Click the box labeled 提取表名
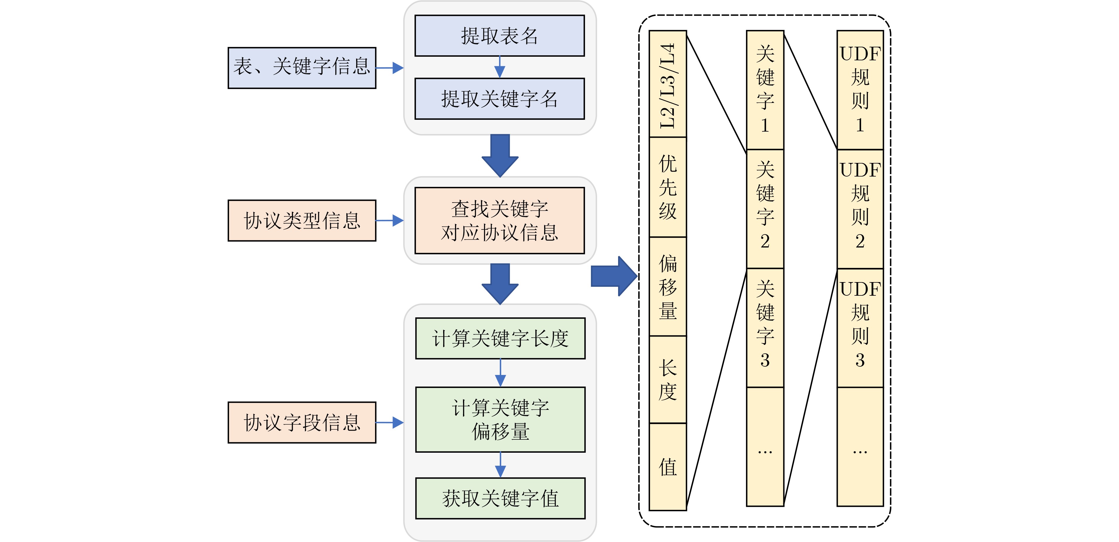[x=500, y=35]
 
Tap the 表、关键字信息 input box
[x=302, y=68]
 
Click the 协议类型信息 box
[x=302, y=221]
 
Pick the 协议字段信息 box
[x=302, y=422]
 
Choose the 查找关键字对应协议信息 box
[x=500, y=221]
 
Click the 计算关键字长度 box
[x=500, y=339]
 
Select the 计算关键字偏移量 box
[x=500, y=420]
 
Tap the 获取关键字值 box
[x=500, y=498]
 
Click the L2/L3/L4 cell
[x=668, y=84]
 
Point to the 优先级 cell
[x=668, y=187]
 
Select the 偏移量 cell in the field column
[x=668, y=287]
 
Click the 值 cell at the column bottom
[x=668, y=467]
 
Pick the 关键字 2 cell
[x=765, y=209]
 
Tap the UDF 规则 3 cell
[x=860, y=328]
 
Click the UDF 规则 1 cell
[x=860, y=90]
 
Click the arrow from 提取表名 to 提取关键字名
[x=500, y=67]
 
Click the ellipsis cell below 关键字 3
[x=765, y=447]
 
